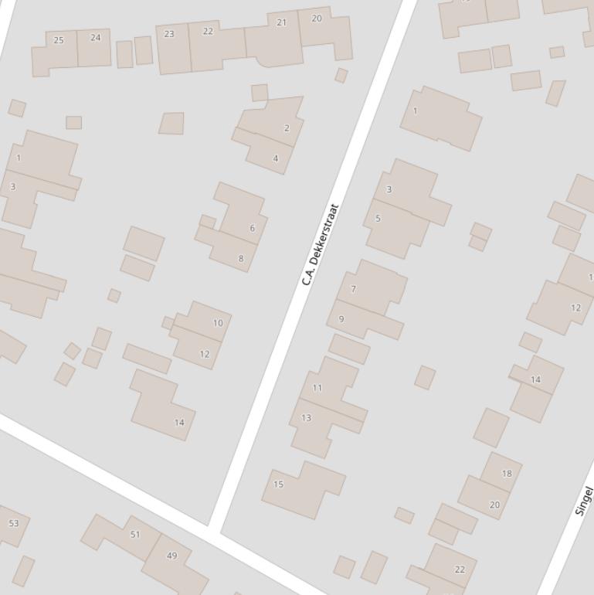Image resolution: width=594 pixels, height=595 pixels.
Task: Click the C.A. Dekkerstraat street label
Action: point(321,244)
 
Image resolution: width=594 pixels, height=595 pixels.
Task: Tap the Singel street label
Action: point(584,501)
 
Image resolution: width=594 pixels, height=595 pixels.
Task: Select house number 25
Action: point(59,40)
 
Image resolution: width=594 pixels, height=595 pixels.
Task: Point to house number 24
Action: point(95,37)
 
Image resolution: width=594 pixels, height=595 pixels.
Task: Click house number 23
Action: point(169,34)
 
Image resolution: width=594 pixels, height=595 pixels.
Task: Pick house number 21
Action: point(281,22)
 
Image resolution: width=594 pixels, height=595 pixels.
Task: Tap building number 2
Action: point(287,128)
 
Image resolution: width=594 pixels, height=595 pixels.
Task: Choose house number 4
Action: point(275,159)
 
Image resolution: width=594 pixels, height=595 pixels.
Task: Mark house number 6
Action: point(252,229)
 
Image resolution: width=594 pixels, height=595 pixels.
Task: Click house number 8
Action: point(240,259)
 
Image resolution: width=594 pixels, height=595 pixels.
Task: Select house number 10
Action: point(218,324)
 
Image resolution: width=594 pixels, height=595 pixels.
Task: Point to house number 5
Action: point(378,219)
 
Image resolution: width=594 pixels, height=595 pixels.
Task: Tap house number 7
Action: point(354,290)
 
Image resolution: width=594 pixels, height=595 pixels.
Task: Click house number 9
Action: point(341,319)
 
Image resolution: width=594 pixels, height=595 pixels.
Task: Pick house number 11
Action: point(317,388)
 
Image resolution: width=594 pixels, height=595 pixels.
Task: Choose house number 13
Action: point(306,418)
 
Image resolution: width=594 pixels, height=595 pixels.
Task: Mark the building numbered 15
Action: point(278,485)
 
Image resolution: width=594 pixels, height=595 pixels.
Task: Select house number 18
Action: point(507,474)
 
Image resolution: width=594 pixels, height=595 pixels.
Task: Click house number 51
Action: point(135,535)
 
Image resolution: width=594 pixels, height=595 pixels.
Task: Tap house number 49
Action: point(171,556)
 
